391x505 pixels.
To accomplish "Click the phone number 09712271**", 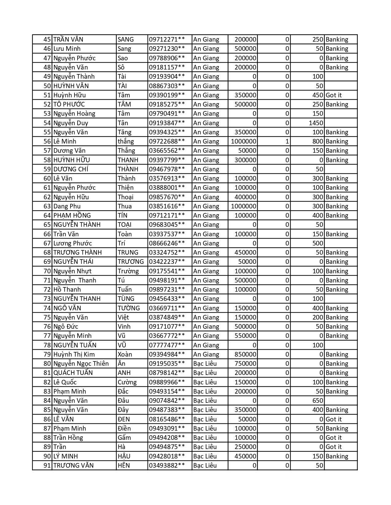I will coord(167,39).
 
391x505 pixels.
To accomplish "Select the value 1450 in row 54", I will coord(316,123).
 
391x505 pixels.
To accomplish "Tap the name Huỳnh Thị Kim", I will coord(74,354).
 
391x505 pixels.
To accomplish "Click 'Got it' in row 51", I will coord(334,95).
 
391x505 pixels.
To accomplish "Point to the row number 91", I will coord(47,466).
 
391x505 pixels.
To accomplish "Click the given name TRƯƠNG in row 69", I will coord(131,262).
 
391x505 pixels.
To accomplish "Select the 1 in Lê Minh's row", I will coord(287,141).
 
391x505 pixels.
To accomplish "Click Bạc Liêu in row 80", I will coord(205,364).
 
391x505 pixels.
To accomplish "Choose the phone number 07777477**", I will coord(167,345).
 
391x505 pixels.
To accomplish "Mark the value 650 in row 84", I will coord(318,401).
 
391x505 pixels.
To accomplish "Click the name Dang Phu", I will coord(67,206).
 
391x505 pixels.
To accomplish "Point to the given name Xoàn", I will coord(125,354).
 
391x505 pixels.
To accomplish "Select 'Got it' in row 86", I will coord(334,419).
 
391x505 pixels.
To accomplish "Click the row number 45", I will coord(47,39).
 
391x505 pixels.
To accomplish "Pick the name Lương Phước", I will coord(72,243).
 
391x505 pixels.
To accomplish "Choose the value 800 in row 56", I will coord(318,141).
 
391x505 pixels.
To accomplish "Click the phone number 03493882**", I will coord(167,466).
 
